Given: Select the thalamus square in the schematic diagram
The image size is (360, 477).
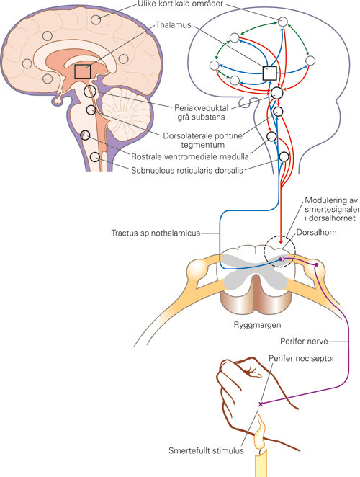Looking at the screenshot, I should point(270,73).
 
